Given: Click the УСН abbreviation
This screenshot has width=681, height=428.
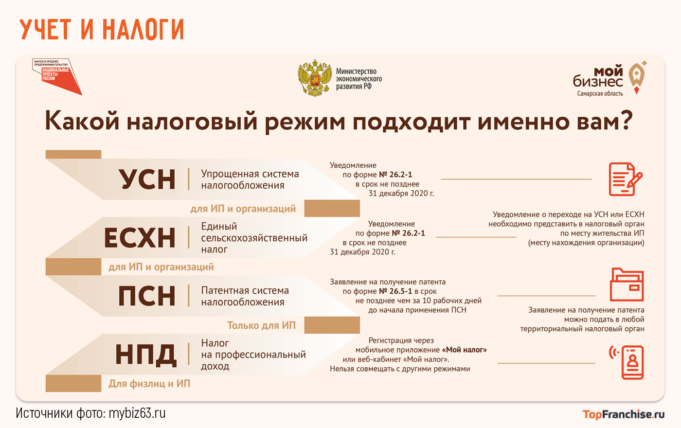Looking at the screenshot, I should tap(147, 179).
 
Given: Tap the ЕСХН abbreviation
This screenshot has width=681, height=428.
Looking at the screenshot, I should tap(140, 238).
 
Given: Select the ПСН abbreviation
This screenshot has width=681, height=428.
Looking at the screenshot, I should tap(147, 296).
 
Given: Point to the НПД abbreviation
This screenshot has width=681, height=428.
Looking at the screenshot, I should tap(145, 355).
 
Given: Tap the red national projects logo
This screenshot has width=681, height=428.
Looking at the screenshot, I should tap(56, 76).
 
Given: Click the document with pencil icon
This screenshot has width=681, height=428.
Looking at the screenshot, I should tap(625, 179).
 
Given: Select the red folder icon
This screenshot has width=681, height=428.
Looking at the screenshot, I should tap(627, 285).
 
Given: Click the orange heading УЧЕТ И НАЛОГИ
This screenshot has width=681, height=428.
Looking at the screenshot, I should tap(102, 29).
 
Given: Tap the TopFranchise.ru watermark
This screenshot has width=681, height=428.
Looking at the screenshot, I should tap(623, 414).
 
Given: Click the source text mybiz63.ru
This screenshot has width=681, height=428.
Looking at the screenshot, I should tap(137, 413).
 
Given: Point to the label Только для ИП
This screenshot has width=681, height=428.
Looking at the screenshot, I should tap(261, 325).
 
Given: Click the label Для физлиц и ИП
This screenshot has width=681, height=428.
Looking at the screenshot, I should tap(149, 384).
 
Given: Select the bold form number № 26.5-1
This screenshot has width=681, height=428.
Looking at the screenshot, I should tap(395, 291).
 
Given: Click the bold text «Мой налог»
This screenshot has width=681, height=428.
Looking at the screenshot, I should tap(464, 350).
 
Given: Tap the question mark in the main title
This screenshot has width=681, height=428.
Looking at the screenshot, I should tap(626, 121).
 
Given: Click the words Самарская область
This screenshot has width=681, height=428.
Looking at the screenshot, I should tap(600, 94).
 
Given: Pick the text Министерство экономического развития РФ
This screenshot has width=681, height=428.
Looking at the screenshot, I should tap(358, 79).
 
